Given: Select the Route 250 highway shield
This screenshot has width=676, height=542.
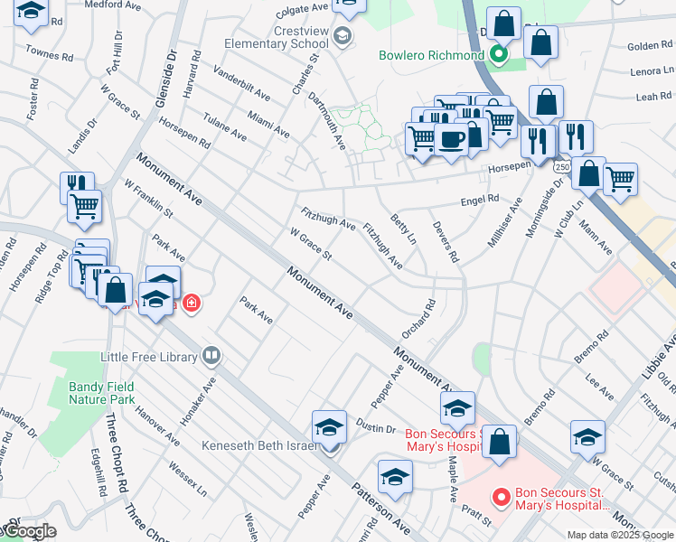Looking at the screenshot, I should click(563, 169).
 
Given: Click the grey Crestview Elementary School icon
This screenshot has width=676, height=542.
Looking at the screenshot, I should click(342, 36).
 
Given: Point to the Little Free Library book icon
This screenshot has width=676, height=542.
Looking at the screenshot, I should click(211, 356).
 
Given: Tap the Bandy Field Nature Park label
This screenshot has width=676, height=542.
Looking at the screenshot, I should click(102, 392).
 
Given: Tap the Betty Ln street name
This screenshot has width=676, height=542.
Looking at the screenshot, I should click(403, 229).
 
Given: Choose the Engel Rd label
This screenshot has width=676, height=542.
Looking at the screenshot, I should click(480, 200).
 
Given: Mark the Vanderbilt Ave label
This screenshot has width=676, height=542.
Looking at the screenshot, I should click(241, 83).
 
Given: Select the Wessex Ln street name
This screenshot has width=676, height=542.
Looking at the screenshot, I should click(188, 478).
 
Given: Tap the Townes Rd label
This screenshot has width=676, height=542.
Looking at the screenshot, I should click(50, 55).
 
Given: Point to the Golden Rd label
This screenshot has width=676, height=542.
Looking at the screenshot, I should click(643, 46).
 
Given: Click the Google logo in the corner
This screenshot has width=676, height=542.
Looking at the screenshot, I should click(28, 532).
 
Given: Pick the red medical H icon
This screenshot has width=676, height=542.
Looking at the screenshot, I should click(191, 303).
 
